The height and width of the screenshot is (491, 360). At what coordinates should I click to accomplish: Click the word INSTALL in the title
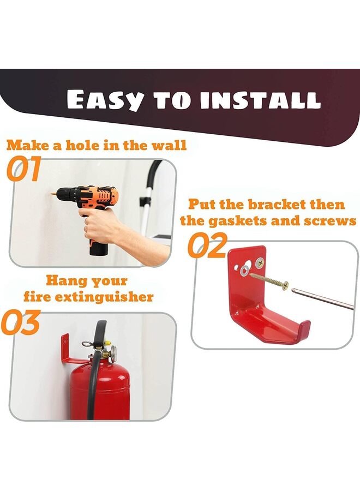(260, 100)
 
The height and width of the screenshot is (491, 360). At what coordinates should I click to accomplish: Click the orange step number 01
(24, 169)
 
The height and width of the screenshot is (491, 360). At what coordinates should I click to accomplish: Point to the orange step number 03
(21, 322)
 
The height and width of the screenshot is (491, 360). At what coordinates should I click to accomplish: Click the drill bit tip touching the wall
(50, 193)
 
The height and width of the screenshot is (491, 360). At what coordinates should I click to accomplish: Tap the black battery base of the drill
(99, 248)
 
